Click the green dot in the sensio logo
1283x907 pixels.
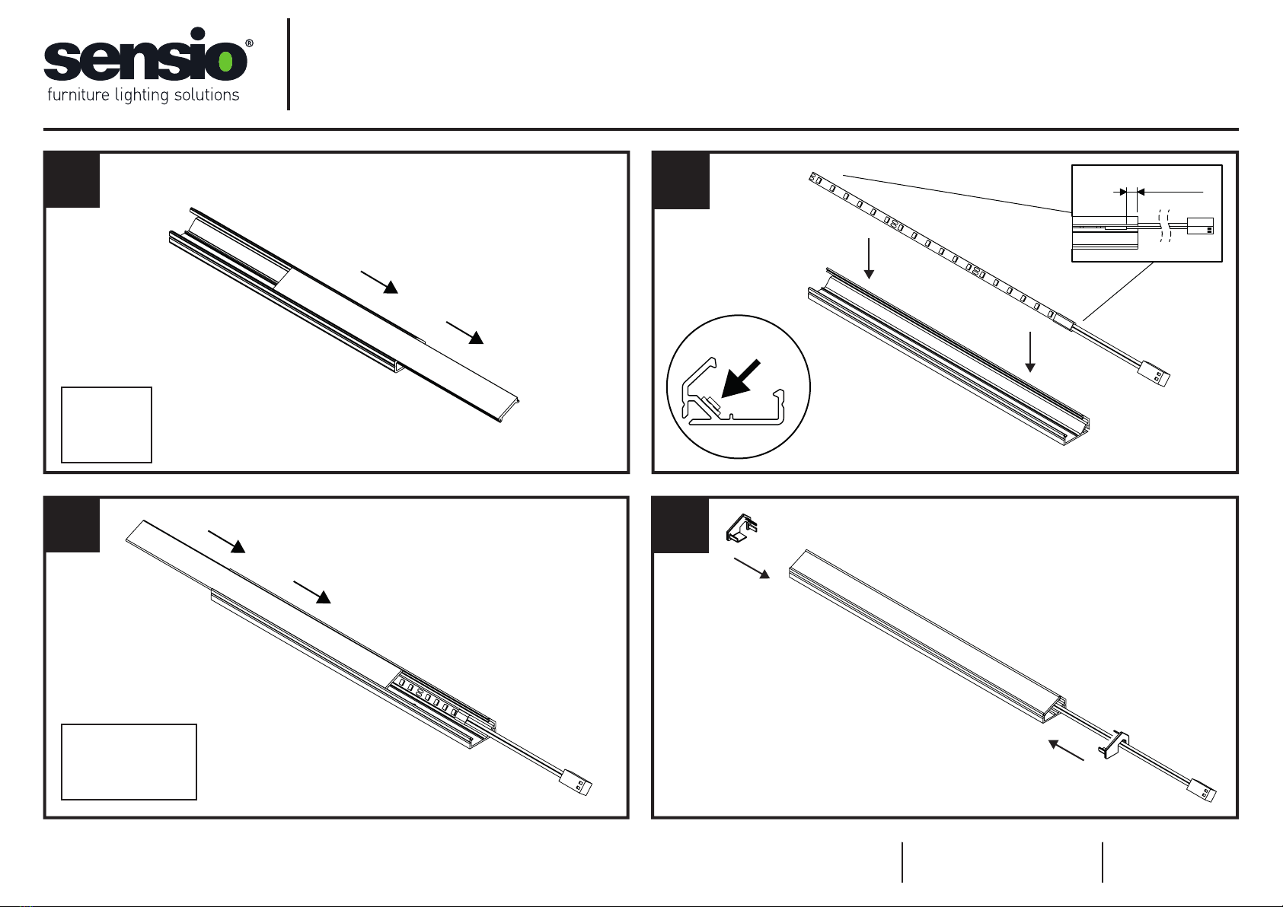(x=225, y=61)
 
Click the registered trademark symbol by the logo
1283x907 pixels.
(x=249, y=43)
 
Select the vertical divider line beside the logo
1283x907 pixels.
(x=288, y=64)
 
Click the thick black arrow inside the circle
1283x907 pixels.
(x=740, y=378)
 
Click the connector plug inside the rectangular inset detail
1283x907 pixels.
(x=1200, y=225)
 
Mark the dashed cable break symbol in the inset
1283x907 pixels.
(x=1164, y=225)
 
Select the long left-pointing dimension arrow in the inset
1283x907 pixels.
(x=1170, y=192)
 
